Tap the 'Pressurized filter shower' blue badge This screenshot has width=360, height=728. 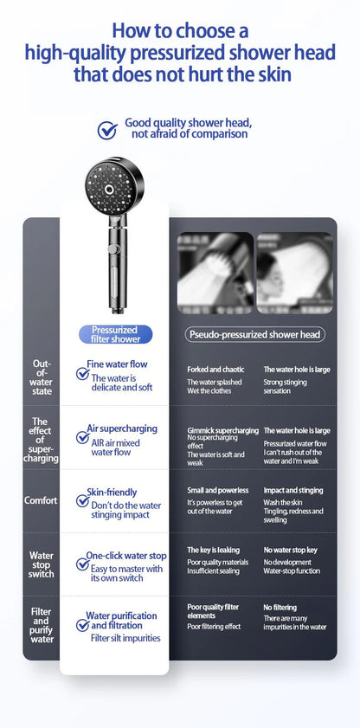114,334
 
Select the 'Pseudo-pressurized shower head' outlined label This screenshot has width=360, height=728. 254,334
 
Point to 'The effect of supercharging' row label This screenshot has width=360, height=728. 41,440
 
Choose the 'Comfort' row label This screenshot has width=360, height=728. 41,500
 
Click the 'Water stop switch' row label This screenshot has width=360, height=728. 41,564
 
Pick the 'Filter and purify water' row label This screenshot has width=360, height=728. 41,626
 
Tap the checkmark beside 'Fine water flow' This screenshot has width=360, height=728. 83,374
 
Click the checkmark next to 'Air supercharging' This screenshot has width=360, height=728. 83,437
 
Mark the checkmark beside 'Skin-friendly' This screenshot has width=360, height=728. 83,500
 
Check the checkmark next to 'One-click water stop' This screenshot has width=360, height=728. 83,564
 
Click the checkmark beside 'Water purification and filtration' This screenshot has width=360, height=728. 83,625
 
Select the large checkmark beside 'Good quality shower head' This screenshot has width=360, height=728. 107,130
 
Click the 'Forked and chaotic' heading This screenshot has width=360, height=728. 215,370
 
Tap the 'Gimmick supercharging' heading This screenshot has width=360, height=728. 222,430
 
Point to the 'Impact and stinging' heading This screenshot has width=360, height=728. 293,491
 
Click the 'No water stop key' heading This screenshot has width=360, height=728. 290,550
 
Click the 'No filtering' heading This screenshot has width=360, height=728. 280,608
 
